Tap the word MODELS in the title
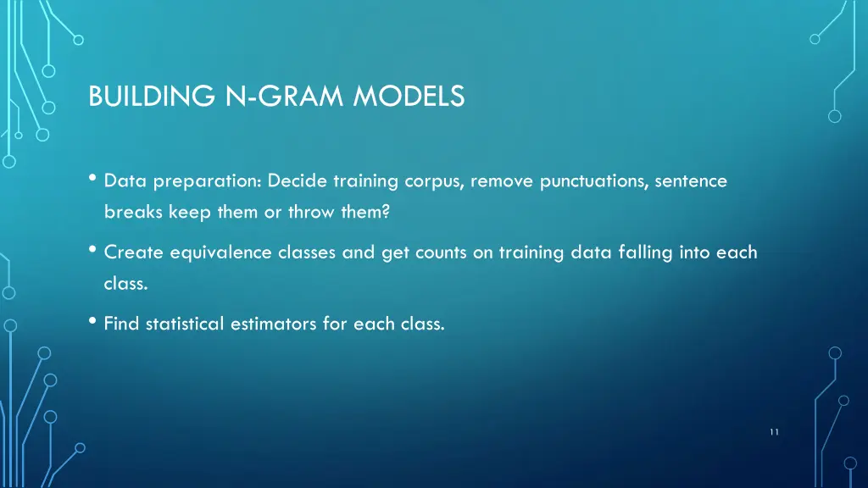[x=409, y=97]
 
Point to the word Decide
[x=298, y=181]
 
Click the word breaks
[x=133, y=213]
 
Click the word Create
[x=134, y=252]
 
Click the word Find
[x=121, y=324]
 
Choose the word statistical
[x=184, y=324]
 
